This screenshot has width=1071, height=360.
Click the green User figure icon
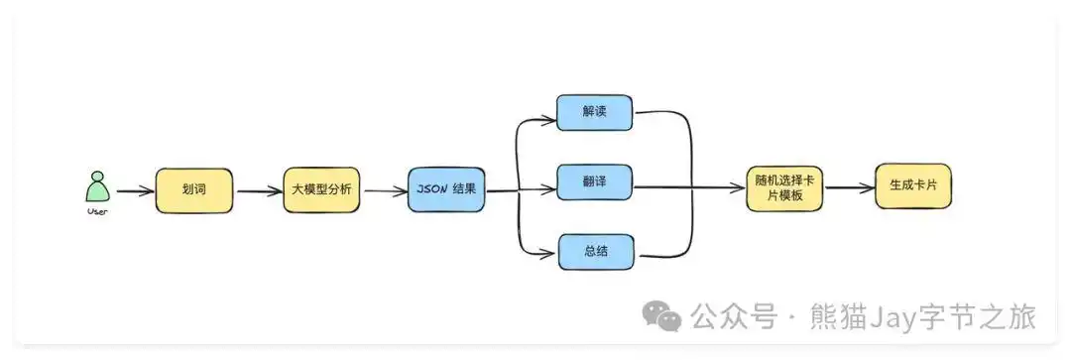click(96, 187)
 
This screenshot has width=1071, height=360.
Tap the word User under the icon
click(96, 210)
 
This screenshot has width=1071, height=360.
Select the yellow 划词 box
click(194, 190)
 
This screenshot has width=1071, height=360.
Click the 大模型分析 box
click(322, 189)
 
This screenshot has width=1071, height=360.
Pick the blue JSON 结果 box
click(446, 189)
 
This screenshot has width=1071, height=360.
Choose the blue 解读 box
click(594, 113)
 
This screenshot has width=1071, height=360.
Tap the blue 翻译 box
click(594, 183)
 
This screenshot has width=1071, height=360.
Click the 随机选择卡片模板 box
click(784, 187)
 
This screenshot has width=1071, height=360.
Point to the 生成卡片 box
click(912, 185)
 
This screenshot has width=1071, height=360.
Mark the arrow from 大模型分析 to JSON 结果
click(385, 190)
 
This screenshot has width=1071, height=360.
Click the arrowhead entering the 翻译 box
click(548, 189)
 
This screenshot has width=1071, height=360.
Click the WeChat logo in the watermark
click(661, 316)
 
